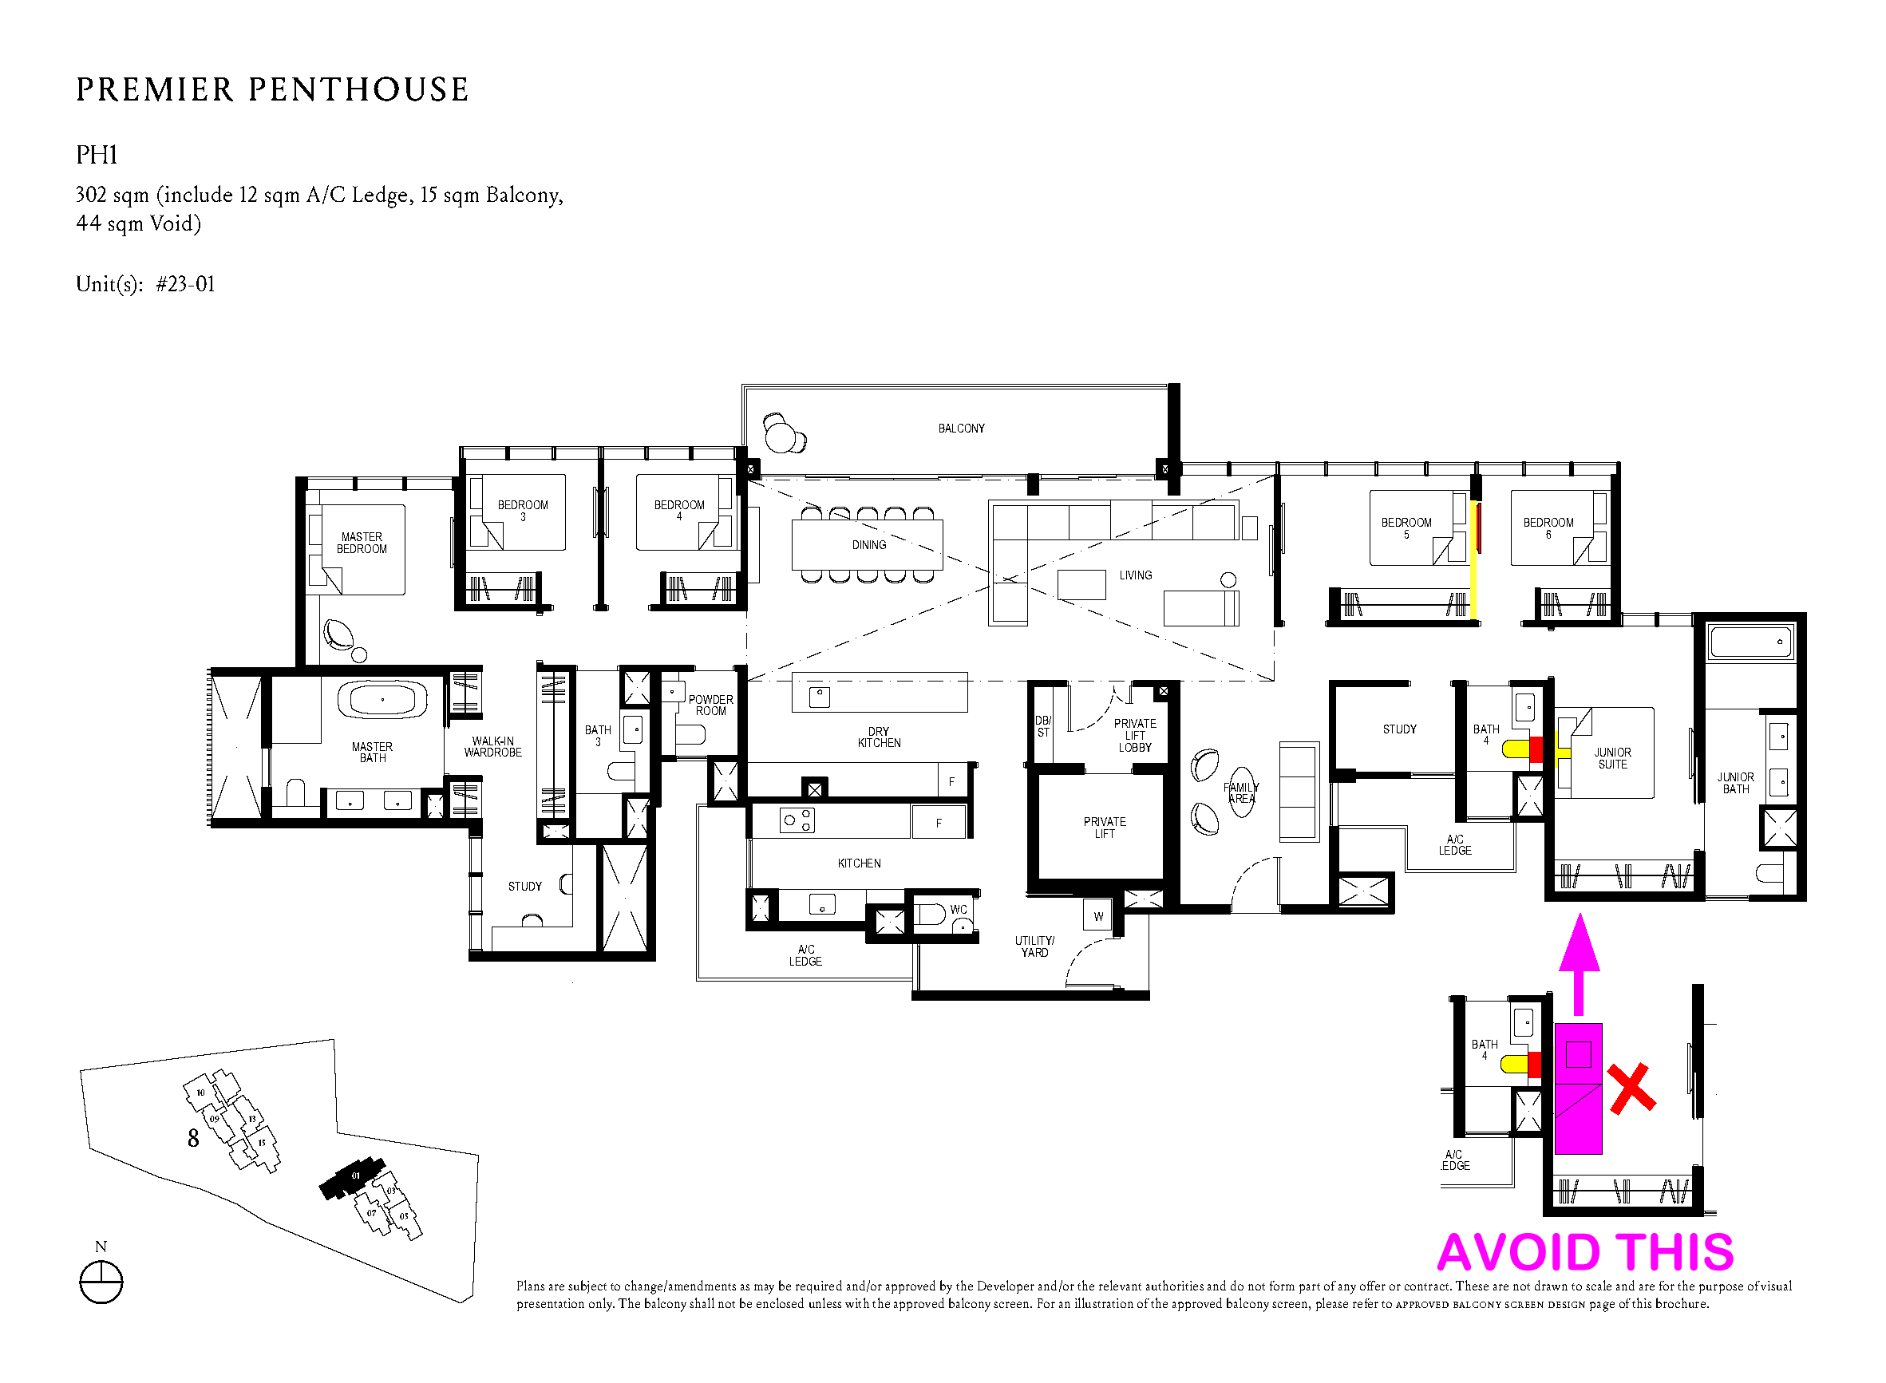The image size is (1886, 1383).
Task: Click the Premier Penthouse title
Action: pyautogui.click(x=272, y=89)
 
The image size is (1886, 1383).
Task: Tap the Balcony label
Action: pyautogui.click(x=961, y=429)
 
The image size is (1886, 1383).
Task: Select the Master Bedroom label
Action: pyautogui.click(x=362, y=543)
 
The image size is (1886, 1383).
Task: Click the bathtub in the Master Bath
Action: pyautogui.click(x=382, y=699)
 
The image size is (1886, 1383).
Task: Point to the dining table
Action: pyautogui.click(x=868, y=545)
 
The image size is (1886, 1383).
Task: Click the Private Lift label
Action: pyautogui.click(x=1104, y=828)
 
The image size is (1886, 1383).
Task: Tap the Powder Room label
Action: pyautogui.click(x=710, y=705)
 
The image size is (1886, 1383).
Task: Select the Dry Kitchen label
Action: pyautogui.click(x=879, y=737)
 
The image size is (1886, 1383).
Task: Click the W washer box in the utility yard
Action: pyautogui.click(x=1098, y=915)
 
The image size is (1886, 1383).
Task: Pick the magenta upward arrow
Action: pyautogui.click(x=1579, y=963)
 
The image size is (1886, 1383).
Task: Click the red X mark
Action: pyautogui.click(x=1631, y=1089)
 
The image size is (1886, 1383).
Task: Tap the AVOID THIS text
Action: pyautogui.click(x=1585, y=1252)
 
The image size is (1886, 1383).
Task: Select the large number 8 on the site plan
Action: pyautogui.click(x=193, y=1139)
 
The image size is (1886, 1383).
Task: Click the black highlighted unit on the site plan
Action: pyautogui.click(x=354, y=1177)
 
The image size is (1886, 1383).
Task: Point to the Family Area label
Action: pyautogui.click(x=1240, y=792)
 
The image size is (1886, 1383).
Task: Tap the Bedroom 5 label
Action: pyautogui.click(x=1406, y=528)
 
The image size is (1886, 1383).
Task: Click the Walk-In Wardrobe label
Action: pyautogui.click(x=493, y=747)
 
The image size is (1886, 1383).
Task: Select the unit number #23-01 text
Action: pyautogui.click(x=185, y=285)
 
